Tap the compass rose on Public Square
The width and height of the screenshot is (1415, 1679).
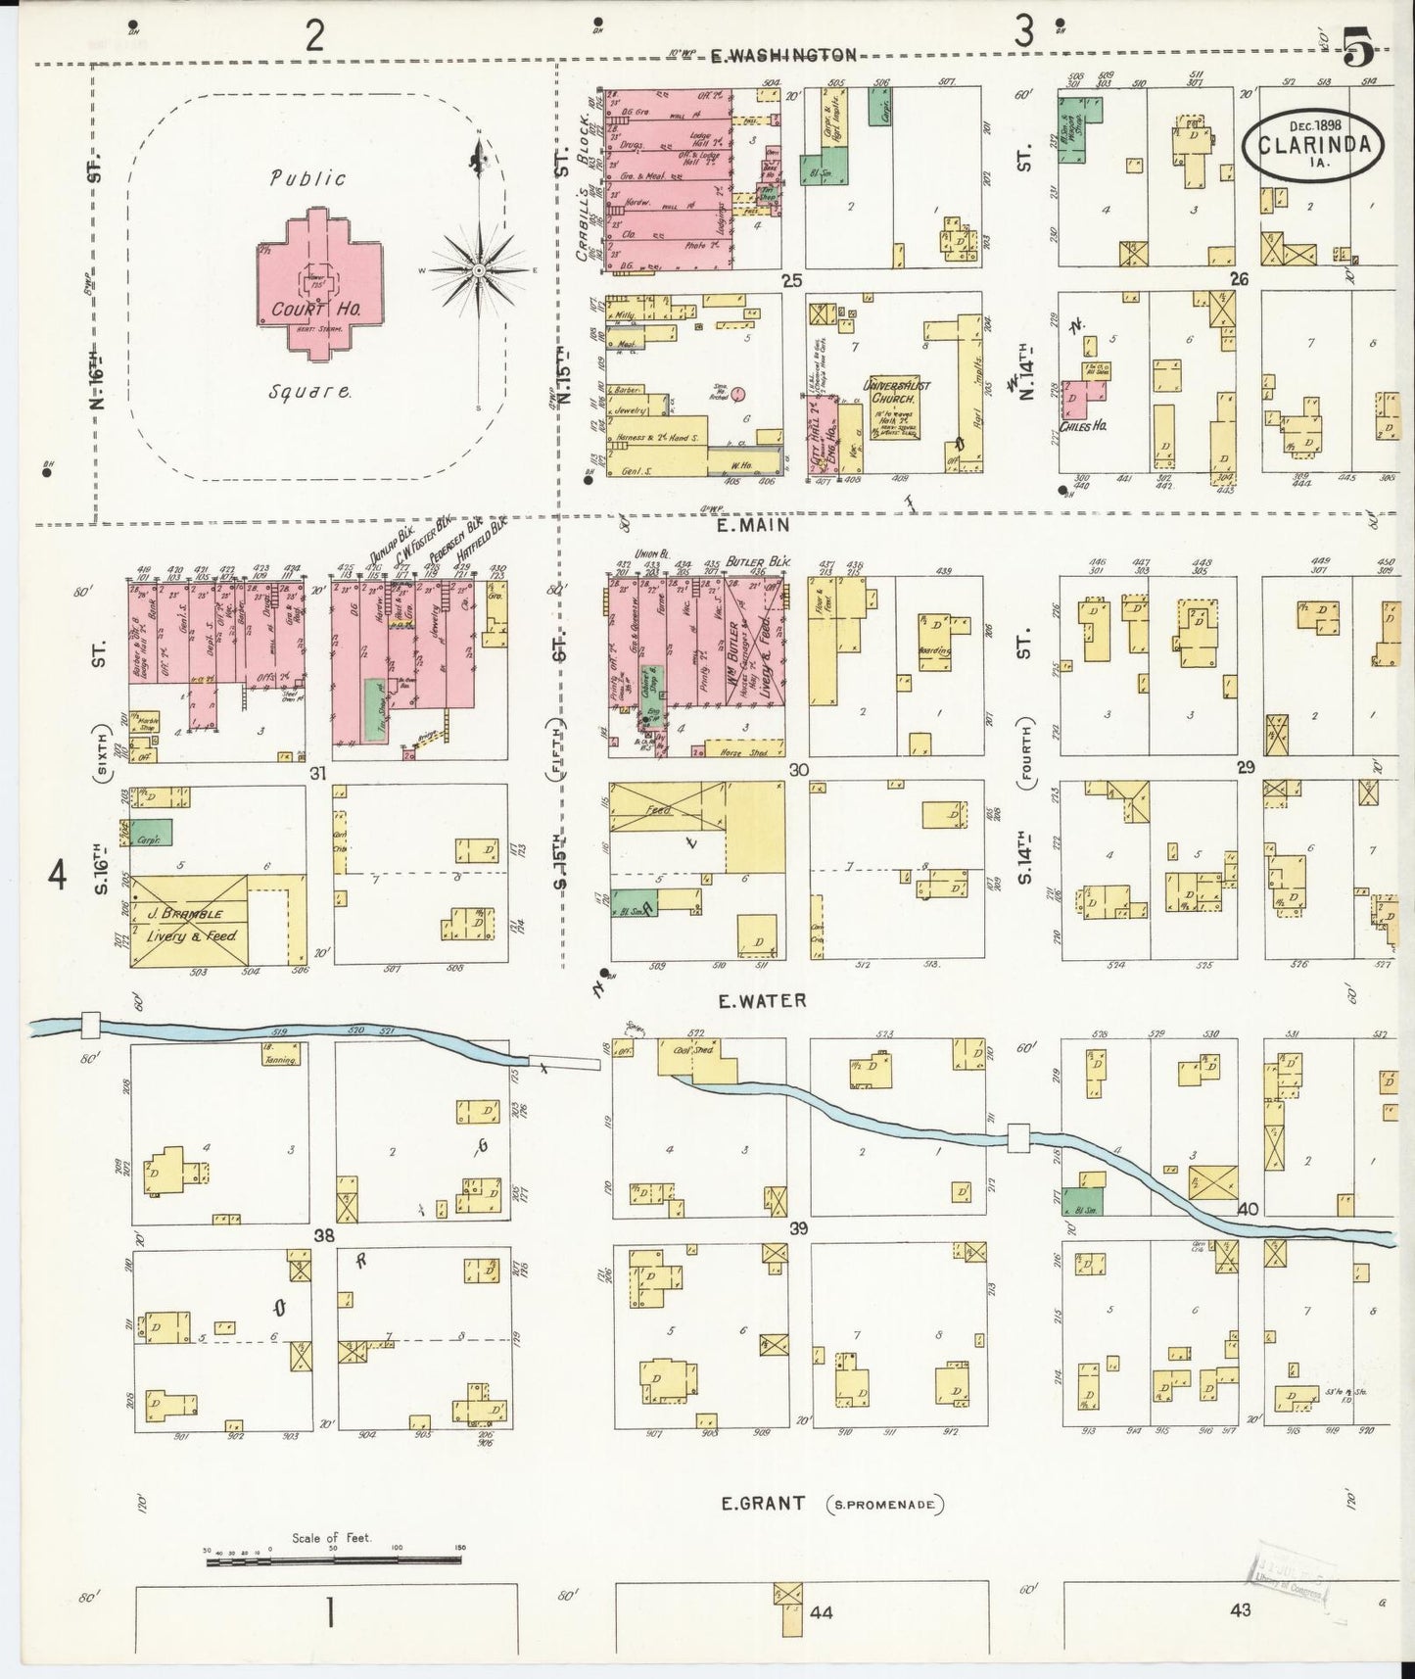[479, 268]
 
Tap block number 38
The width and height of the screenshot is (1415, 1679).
[324, 1236]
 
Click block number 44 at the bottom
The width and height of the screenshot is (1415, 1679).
[821, 1611]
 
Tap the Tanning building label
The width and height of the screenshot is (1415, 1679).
[282, 1058]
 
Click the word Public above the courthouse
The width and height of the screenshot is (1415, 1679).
[308, 178]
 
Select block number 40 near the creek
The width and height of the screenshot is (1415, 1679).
[1247, 1208]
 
